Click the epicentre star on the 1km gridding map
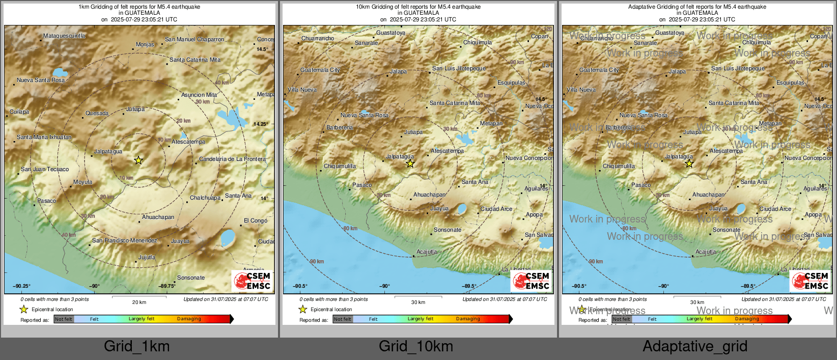point(138,160)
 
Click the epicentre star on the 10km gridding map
point(410,163)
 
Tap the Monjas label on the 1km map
point(145,45)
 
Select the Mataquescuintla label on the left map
point(64,36)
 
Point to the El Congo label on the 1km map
point(256,220)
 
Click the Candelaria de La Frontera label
point(232,159)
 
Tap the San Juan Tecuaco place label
point(45,169)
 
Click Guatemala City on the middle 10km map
point(320,70)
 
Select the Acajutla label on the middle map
point(427,252)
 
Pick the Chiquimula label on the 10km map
point(478,42)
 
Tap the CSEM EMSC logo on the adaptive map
point(811,281)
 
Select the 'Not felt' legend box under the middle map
point(343,319)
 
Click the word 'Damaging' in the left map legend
point(189,319)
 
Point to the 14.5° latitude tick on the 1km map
point(262,49)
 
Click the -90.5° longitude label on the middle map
point(300,286)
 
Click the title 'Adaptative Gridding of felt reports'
point(697,7)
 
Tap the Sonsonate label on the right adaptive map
point(727,230)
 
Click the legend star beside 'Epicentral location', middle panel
point(303,310)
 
